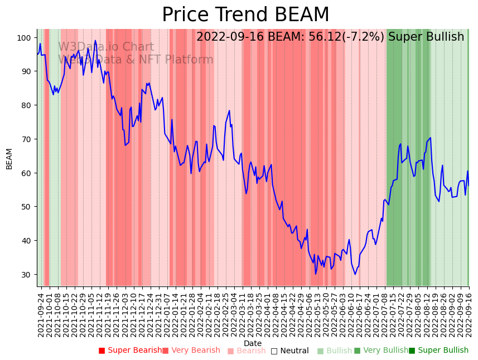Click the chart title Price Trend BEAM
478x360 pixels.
[245, 15]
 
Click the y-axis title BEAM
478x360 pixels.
[9, 158]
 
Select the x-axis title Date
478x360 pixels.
[253, 343]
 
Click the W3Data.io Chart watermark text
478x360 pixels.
[106, 47]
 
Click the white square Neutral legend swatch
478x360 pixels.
[274, 351]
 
